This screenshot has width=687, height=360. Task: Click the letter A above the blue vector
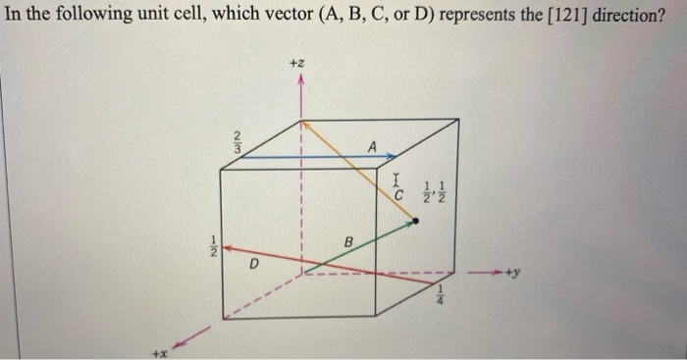[x=372, y=145]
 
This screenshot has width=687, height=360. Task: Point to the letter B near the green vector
[x=346, y=242]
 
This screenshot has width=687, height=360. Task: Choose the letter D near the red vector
[x=254, y=264]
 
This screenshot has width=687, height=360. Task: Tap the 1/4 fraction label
[x=440, y=295]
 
